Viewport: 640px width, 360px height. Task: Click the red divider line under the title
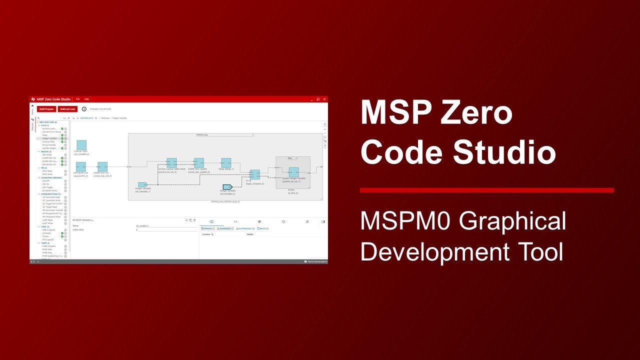tap(486, 190)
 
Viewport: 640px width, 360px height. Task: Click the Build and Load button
tap(67, 108)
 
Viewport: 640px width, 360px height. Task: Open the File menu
tap(77, 99)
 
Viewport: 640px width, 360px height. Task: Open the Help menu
tap(86, 99)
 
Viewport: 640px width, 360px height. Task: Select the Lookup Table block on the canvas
tap(81, 145)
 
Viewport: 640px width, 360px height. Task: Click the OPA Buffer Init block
tap(80, 166)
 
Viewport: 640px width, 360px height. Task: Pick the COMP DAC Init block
tap(102, 166)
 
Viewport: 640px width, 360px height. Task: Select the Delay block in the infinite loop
tap(226, 163)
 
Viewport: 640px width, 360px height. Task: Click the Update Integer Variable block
tap(293, 172)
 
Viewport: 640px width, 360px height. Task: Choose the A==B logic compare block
tap(255, 174)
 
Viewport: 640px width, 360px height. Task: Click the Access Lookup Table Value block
tap(171, 163)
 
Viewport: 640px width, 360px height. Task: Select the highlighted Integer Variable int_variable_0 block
tap(227, 187)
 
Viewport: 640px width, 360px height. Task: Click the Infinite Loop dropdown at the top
tap(225, 135)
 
